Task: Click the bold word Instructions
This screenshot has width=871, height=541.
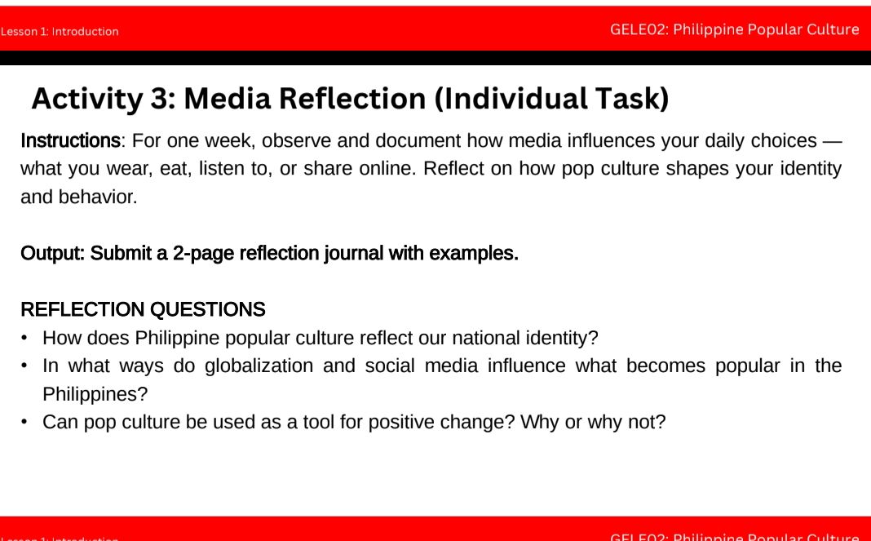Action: pos(70,141)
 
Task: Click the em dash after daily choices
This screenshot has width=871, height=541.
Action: pos(831,141)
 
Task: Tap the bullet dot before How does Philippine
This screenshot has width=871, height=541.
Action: pos(25,338)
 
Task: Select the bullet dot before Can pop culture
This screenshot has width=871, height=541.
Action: pos(25,423)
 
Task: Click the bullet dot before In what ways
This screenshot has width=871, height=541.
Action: pos(25,366)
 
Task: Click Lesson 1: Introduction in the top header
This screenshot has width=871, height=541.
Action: pos(60,32)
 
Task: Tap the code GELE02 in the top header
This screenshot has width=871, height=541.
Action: pos(639,30)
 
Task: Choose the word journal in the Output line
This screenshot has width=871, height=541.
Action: pos(354,254)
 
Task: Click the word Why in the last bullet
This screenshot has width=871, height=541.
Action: pos(538,423)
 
